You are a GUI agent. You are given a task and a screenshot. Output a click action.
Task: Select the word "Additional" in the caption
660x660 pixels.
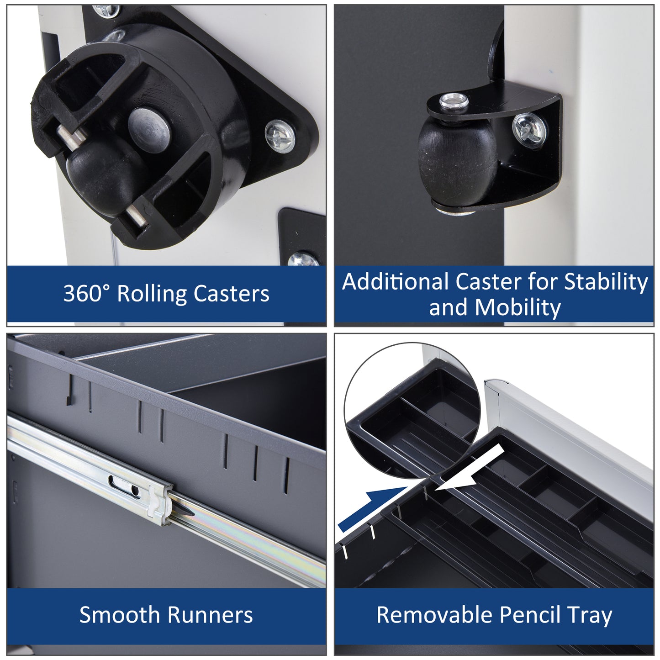[x=396, y=282]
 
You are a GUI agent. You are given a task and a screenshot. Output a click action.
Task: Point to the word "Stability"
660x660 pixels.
[x=606, y=282]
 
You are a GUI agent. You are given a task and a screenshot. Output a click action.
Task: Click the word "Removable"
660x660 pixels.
[x=433, y=615]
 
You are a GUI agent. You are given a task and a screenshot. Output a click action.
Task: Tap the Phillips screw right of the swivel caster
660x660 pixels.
[x=280, y=136]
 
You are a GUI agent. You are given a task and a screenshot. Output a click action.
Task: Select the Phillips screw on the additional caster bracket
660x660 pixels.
[x=529, y=128]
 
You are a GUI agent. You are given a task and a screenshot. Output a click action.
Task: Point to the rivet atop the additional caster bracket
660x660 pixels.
[x=454, y=100]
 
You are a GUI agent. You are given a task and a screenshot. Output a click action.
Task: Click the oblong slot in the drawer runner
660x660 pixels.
[x=123, y=486]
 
